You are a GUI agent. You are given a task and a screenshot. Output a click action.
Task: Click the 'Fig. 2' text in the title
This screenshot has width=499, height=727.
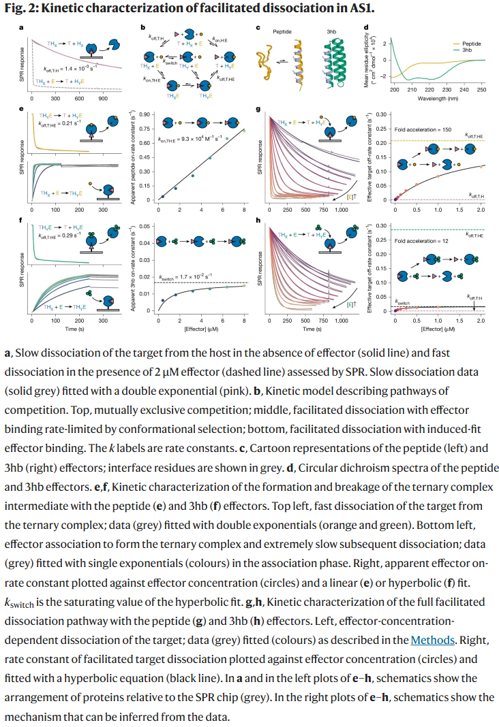click(20, 8)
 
